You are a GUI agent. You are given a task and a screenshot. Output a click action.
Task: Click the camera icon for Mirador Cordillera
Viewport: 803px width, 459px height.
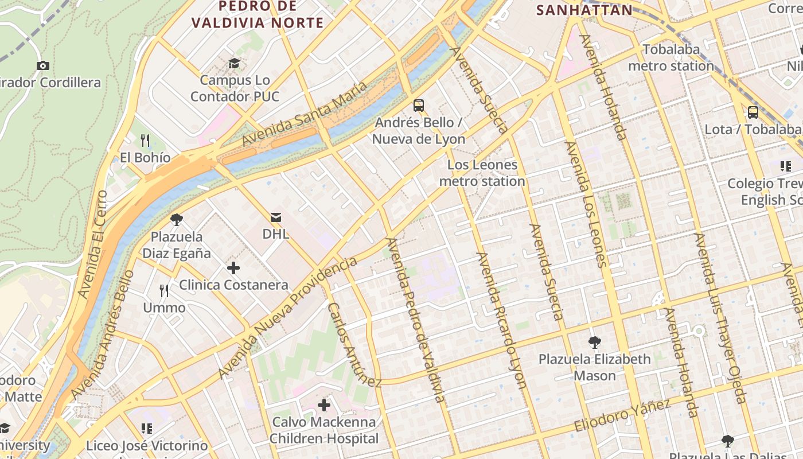click(x=42, y=66)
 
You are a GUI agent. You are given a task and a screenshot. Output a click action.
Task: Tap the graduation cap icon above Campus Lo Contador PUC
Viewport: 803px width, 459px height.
click(x=234, y=63)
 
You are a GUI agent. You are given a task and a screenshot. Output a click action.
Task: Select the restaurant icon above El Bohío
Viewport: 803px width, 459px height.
click(x=145, y=141)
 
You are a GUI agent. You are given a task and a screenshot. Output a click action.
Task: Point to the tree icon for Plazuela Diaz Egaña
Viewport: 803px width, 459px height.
click(x=176, y=219)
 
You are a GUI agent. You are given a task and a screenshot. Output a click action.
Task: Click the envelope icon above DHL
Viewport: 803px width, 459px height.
click(x=275, y=217)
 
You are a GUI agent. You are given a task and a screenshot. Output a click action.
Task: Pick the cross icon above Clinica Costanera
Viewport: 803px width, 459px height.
click(x=233, y=268)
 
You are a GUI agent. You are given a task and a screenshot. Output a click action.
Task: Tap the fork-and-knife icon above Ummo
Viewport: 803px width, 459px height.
click(x=164, y=291)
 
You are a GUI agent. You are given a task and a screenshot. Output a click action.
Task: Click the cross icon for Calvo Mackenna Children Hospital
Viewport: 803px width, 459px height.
click(x=324, y=406)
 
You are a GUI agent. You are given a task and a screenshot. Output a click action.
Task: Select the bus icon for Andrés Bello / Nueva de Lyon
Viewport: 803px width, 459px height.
click(x=419, y=106)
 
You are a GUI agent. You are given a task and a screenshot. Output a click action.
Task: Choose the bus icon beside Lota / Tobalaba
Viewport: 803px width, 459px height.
click(x=753, y=112)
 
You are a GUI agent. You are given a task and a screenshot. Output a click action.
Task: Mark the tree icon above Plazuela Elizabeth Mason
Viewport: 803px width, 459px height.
click(x=595, y=343)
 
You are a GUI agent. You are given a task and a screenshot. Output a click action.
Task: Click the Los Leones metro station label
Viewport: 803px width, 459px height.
click(x=482, y=173)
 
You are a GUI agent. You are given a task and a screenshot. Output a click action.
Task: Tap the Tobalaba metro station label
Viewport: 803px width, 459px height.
click(x=671, y=58)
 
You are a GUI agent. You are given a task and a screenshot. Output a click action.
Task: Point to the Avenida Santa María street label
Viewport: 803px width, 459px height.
click(x=304, y=114)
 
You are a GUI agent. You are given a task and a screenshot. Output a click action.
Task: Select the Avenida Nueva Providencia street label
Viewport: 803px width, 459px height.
click(x=287, y=318)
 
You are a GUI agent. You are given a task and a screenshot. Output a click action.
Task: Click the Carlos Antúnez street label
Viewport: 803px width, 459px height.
click(x=354, y=344)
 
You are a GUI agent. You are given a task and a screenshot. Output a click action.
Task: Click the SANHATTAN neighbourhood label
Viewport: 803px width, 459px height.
click(x=584, y=10)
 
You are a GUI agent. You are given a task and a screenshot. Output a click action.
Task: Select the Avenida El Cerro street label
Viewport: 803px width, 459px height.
click(x=92, y=244)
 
